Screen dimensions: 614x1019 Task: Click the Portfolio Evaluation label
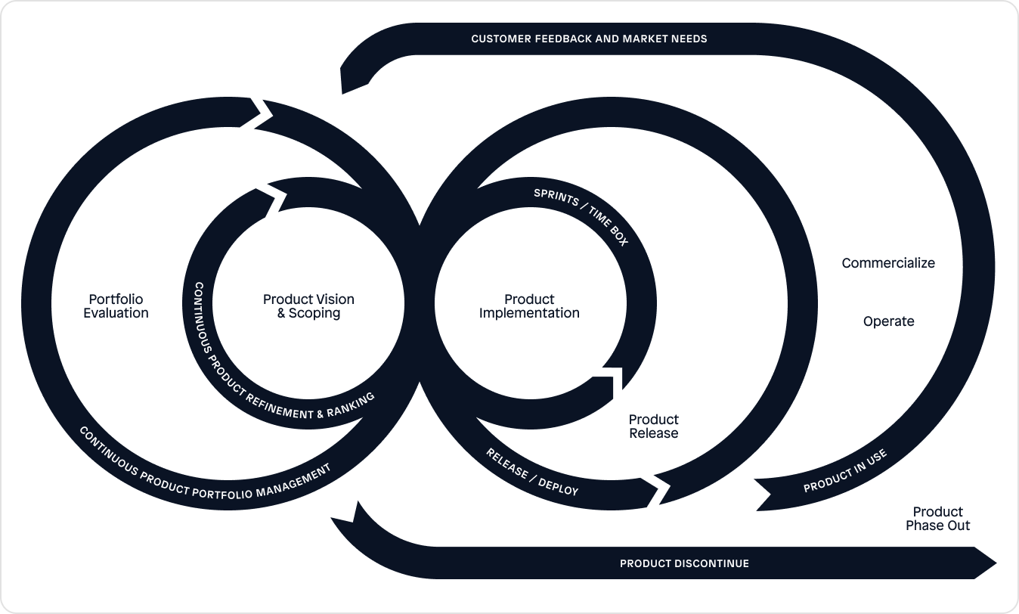(116, 306)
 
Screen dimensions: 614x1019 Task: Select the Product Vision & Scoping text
(308, 306)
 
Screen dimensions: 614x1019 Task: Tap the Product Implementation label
(529, 306)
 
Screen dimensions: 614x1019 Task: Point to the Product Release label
(654, 426)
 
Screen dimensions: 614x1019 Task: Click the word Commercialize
(888, 263)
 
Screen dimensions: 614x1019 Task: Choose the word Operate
(888, 321)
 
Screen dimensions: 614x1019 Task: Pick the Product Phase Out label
(937, 519)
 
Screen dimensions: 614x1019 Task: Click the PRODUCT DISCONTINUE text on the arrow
(684, 563)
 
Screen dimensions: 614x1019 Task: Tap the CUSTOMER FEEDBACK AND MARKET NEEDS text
(589, 39)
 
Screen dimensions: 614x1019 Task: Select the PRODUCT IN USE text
(844, 471)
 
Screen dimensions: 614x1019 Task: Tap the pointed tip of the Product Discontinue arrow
(995, 563)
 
